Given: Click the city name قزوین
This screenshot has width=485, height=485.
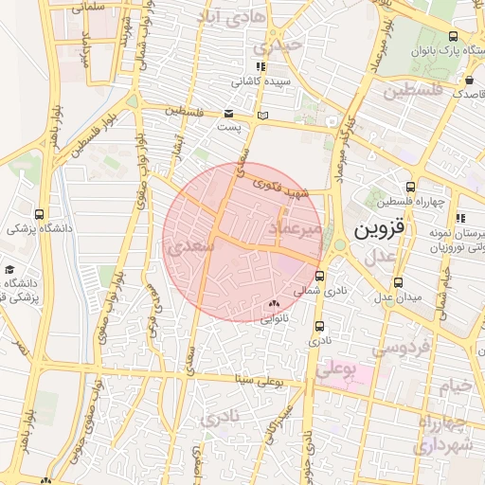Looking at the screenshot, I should coord(380,230).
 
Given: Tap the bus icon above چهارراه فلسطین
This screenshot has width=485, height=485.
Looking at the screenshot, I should coord(410,187).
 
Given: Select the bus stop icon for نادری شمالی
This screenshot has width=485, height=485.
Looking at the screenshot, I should coord(319,277).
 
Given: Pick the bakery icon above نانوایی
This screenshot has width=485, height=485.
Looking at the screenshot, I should coord(275,304).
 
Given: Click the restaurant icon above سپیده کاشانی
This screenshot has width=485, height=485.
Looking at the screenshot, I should coord(260,67).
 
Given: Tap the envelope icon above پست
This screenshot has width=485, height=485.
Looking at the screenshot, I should coord(229,114).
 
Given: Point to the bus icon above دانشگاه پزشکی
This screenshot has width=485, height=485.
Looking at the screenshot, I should coord(39,214).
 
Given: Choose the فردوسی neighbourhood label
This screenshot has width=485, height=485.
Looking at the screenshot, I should coord(399,348).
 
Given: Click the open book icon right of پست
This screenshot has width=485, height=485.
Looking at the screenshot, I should coord(262,115).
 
